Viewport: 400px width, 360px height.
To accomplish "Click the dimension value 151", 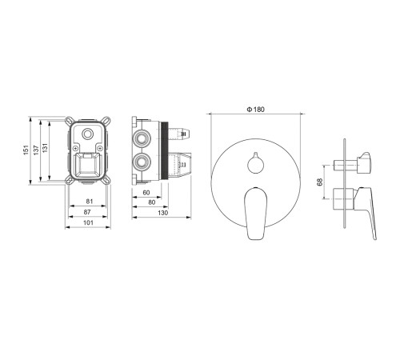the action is [26, 150].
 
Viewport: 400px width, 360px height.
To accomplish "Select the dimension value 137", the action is [36, 150].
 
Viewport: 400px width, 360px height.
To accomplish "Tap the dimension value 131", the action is [45, 148].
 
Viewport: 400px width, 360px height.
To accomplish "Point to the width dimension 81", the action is [90, 202].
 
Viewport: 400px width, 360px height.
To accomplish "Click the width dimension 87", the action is [87, 212].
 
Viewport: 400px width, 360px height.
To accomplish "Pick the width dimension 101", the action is [88, 222].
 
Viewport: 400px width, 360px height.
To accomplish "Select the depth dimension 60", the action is [146, 193].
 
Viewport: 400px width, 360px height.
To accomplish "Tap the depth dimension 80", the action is [152, 202].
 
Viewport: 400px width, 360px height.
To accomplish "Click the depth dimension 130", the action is [163, 213].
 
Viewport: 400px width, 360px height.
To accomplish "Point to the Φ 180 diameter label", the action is [256, 110].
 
